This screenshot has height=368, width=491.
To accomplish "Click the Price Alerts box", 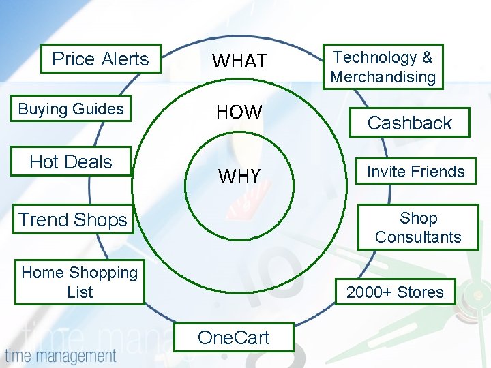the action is coord(100,59).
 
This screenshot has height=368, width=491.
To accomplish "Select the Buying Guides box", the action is coord(72,109).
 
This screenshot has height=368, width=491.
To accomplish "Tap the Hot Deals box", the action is coord(71,162).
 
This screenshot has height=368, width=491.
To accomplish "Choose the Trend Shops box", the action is coord(74,220).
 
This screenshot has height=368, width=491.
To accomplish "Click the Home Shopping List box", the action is coord(79,282).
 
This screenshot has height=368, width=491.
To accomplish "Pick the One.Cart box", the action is coord(233,337).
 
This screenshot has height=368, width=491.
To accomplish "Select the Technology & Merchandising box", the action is coord(383,67).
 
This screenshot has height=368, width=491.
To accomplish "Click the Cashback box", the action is coord(410,123).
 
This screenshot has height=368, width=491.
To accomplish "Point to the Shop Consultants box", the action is coord(418,228).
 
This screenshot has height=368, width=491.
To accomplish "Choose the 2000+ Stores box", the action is coord(395,292).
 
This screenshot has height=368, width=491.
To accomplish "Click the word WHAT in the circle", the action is coord(239,61).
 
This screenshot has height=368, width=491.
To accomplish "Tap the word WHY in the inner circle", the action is coord(239,177).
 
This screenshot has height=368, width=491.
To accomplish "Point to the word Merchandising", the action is coord(383,77).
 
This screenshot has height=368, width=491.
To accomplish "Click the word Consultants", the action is coord(418,237).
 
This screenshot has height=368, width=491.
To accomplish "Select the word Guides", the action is coord(100,109).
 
